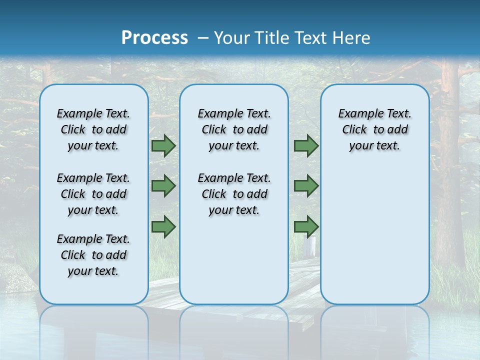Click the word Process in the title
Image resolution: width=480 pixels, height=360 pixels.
tap(154, 37)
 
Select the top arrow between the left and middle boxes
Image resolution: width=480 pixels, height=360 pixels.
tap(163, 146)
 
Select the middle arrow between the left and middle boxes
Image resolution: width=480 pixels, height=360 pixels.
tap(163, 186)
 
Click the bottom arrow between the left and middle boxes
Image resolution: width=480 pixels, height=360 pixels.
tap(163, 227)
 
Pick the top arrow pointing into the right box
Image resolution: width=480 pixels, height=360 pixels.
tap(306, 146)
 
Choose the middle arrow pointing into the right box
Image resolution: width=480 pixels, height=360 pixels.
tap(306, 186)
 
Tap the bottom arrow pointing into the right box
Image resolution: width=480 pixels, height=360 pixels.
tap(306, 227)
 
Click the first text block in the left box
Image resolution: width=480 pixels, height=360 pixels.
tap(93, 129)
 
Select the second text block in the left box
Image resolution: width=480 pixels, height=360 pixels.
tap(93, 194)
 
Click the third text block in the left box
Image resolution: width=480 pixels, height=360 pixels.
tap(93, 255)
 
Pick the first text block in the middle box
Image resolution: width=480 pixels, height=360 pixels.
tap(234, 129)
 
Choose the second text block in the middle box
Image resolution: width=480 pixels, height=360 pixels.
tap(234, 194)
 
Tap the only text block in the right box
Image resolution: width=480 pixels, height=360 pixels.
tap(375, 129)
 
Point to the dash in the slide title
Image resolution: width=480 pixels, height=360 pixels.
tap(203, 37)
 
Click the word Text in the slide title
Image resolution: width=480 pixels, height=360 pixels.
tap(310, 37)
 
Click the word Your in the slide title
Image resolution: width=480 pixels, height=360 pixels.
tap(232, 37)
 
